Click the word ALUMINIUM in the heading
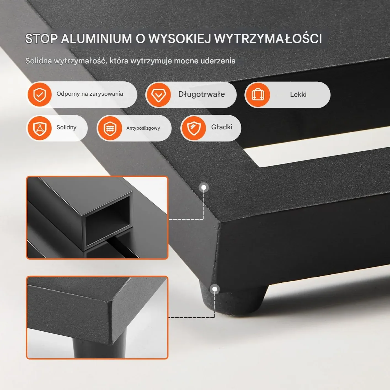coord(96,38)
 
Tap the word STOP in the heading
coord(41,38)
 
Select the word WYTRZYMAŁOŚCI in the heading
coord(268,38)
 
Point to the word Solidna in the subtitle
coord(38,61)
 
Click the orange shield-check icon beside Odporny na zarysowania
coord(40,95)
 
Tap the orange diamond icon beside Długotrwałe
coord(159,95)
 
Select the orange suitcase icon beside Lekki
coord(258,95)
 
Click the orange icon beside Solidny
coord(40,128)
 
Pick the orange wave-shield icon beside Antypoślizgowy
coord(110,128)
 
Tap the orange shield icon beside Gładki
coord(194,128)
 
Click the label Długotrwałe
coord(201,94)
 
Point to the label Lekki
coord(298,95)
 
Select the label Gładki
coord(221,127)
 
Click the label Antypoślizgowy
coord(143,128)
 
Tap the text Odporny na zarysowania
coord(90,94)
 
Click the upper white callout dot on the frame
coord(204,188)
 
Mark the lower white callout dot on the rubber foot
coord(215,289)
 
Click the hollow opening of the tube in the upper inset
coord(108,221)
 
